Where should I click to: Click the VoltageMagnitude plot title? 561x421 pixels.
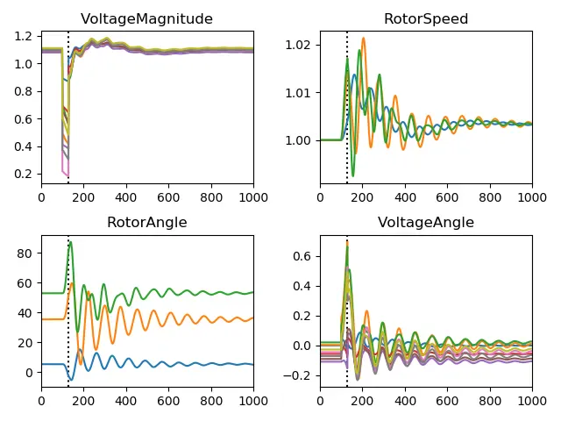147,18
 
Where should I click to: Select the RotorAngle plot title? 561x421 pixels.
147,222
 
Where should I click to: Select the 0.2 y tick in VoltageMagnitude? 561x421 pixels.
25,174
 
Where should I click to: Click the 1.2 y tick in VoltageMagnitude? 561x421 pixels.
25,36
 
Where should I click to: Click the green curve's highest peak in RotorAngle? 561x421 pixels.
70,241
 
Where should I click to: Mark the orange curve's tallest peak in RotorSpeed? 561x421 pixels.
363,38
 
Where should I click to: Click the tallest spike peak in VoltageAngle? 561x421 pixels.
347,240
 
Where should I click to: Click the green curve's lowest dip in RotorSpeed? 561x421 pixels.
352,176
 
